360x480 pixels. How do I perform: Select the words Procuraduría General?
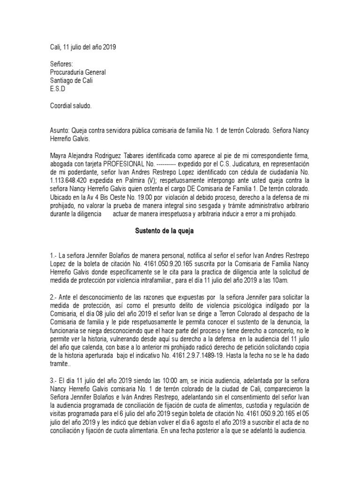coord(78,72)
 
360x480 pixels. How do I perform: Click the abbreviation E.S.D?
coord(58,89)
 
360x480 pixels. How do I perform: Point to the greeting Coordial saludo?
coord(71,105)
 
